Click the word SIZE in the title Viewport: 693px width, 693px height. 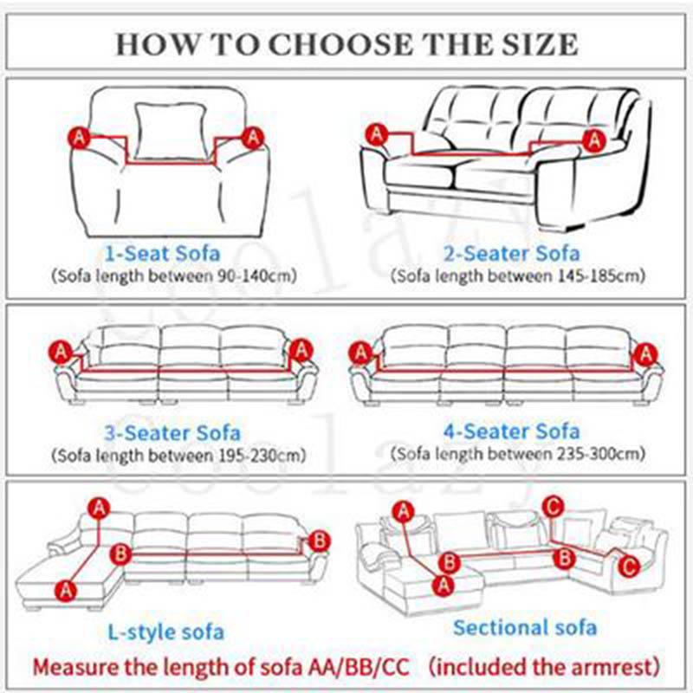[x=541, y=43]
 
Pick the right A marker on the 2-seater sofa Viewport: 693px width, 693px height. [x=593, y=138]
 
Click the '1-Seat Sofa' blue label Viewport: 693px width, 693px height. [x=162, y=254]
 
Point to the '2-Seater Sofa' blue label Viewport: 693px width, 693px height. [x=511, y=254]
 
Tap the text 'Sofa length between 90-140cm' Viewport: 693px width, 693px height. [x=173, y=276]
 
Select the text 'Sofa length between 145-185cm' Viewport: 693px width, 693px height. [x=517, y=276]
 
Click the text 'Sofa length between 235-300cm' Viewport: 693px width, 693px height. [x=517, y=453]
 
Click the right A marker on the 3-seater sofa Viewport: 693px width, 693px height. [x=301, y=351]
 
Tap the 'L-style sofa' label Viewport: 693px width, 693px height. [x=165, y=631]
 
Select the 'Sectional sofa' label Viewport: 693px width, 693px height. [x=525, y=627]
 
